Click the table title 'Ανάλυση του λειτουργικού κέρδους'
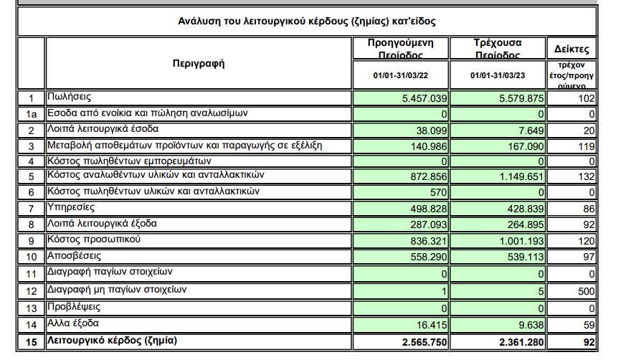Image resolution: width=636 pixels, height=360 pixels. [x=306, y=22]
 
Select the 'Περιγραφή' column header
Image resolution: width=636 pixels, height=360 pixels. [x=199, y=63]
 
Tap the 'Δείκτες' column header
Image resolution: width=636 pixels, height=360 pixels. [x=571, y=49]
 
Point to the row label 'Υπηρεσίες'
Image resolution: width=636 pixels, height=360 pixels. [x=72, y=207]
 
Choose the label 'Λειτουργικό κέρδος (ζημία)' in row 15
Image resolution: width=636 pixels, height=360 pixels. [x=111, y=341]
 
